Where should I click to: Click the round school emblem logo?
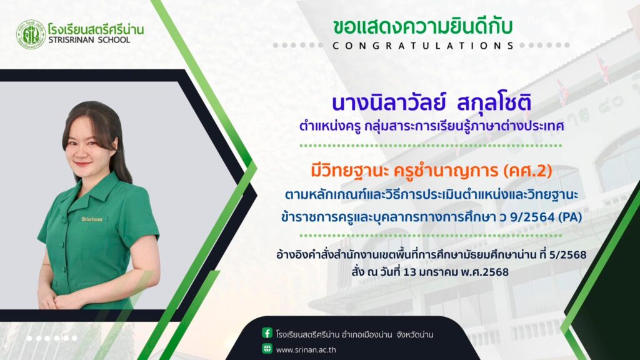[31, 34]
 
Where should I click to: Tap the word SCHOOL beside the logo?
[114, 40]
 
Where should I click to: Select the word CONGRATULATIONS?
[423, 46]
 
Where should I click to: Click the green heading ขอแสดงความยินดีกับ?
[422, 26]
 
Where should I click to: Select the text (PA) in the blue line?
[569, 217]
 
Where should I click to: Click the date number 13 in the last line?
[409, 272]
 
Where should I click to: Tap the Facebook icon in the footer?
[267, 333]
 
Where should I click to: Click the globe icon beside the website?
[267, 349]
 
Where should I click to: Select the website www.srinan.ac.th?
[306, 350]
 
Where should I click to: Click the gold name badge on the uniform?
[92, 219]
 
